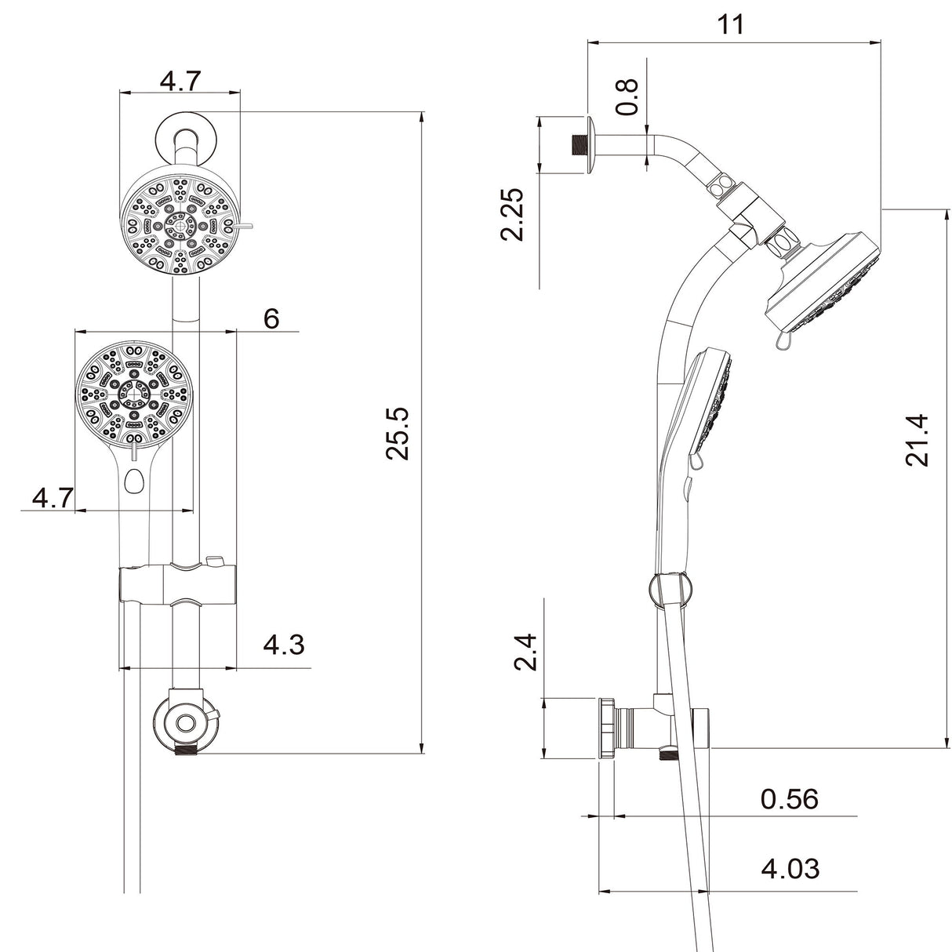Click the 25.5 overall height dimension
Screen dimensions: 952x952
pyautogui.click(x=400, y=433)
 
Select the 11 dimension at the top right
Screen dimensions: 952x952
pyautogui.click(x=731, y=24)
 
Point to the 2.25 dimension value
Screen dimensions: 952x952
pyautogui.click(x=514, y=213)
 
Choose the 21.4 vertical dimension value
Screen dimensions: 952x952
pyautogui.click(x=917, y=441)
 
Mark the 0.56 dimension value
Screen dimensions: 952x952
pyautogui.click(x=789, y=799)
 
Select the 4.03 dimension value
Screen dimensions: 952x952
pyautogui.click(x=790, y=868)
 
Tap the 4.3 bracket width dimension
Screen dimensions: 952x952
pyautogui.click(x=284, y=645)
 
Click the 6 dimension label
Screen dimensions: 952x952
pyautogui.click(x=271, y=319)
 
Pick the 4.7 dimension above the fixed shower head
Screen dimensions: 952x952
pyautogui.click(x=180, y=80)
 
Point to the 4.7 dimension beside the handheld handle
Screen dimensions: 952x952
pyautogui.click(x=53, y=497)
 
